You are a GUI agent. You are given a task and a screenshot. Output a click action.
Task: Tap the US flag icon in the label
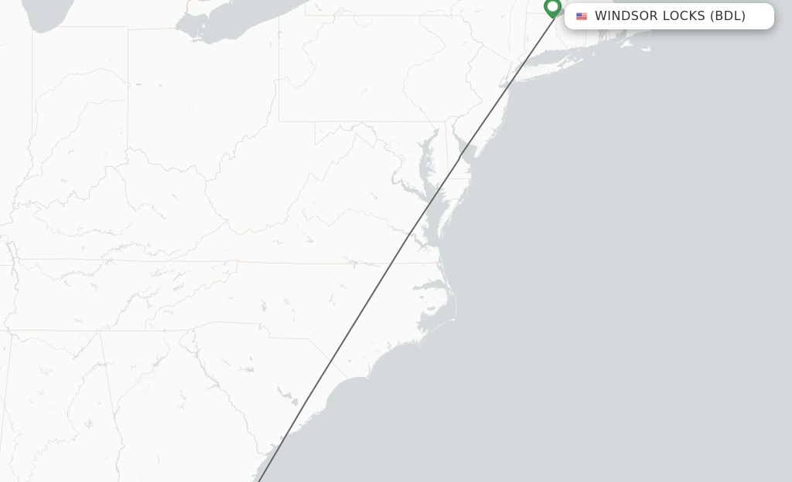pos(582,16)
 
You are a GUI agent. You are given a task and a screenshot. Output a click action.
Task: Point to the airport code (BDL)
pos(728,16)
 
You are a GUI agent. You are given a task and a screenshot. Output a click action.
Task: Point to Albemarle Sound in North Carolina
pos(433,270)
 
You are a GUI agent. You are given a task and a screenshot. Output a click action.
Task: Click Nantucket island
pos(646,47)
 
